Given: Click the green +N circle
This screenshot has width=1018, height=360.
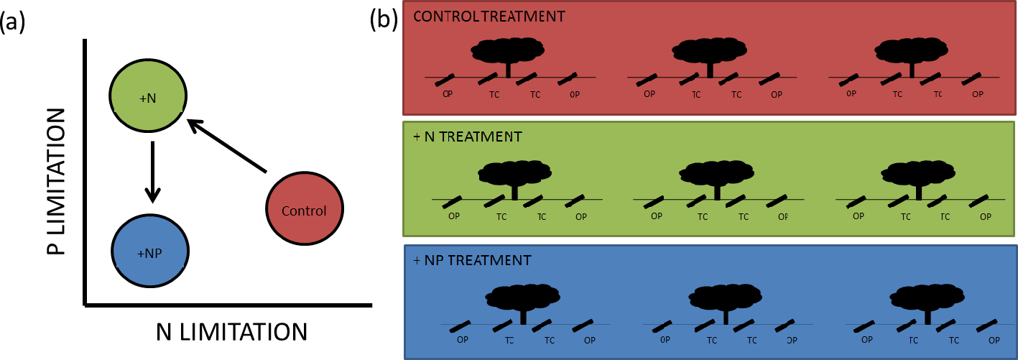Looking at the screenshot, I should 148,97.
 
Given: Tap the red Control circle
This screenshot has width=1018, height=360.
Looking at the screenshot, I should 304,211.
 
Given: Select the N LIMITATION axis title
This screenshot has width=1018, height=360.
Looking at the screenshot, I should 231,332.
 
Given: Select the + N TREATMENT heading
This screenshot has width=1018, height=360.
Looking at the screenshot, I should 467,136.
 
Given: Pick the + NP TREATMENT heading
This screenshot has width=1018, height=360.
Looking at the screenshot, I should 472,260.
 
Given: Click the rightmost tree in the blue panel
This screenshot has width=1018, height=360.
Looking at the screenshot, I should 927,298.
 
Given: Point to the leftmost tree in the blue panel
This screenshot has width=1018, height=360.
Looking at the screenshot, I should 522,298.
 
